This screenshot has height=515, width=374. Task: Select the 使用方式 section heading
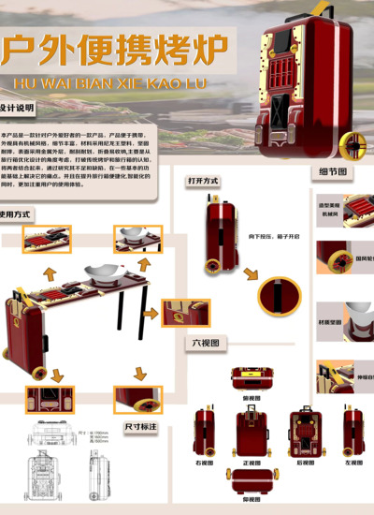tap(17, 214)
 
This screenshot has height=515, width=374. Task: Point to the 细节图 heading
tap(333, 172)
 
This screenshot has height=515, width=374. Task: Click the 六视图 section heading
tap(206, 343)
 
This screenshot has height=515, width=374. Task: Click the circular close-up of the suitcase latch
tap(280, 295)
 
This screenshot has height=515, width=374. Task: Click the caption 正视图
tap(252, 463)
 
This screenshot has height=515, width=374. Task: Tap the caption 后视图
tap(305, 463)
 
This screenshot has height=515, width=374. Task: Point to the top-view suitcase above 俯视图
tap(251, 379)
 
